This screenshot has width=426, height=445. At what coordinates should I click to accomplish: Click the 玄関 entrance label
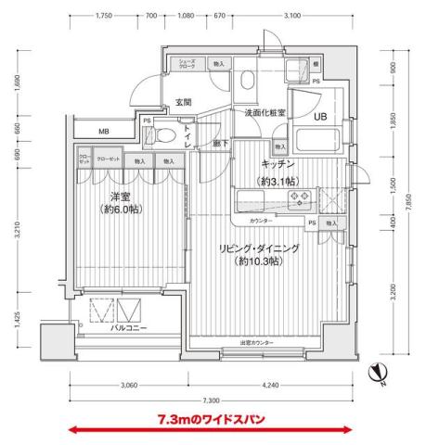pos(184,102)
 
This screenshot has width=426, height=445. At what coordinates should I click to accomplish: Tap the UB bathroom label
pos(318,118)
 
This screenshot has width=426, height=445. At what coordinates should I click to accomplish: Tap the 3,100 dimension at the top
pos(291,17)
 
